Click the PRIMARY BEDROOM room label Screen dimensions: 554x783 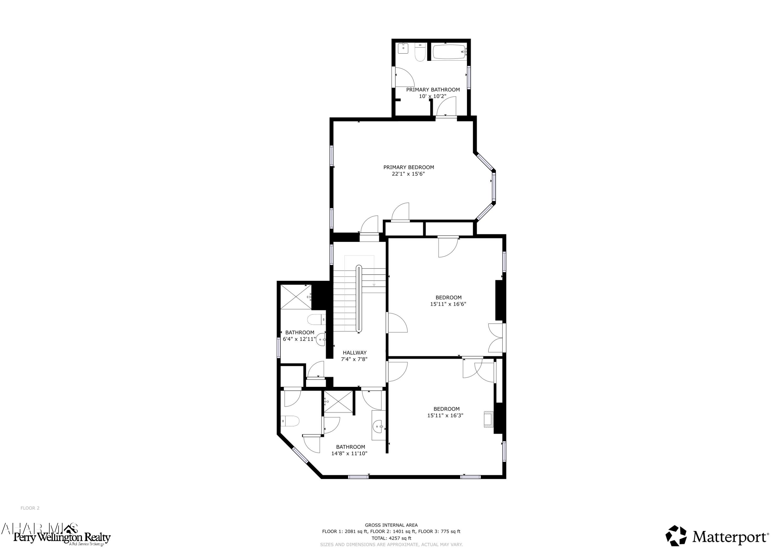[x=408, y=167]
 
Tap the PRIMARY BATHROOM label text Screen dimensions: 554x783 [x=433, y=90]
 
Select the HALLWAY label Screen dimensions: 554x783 [x=354, y=353]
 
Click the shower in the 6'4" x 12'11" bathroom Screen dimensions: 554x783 [x=296, y=297]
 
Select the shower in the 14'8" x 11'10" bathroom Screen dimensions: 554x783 [x=338, y=401]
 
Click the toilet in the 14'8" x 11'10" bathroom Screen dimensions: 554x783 [x=290, y=421]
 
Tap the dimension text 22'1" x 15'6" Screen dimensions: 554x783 [x=408, y=174]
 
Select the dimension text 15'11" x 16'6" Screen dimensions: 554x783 [x=448, y=304]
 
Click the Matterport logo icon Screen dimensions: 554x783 [x=676, y=535]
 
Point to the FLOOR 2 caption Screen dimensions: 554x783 [x=30, y=508]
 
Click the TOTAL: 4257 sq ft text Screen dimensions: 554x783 [x=391, y=538]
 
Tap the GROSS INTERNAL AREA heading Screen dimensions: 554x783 [x=391, y=525]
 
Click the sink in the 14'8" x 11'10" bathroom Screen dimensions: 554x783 [x=378, y=426]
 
